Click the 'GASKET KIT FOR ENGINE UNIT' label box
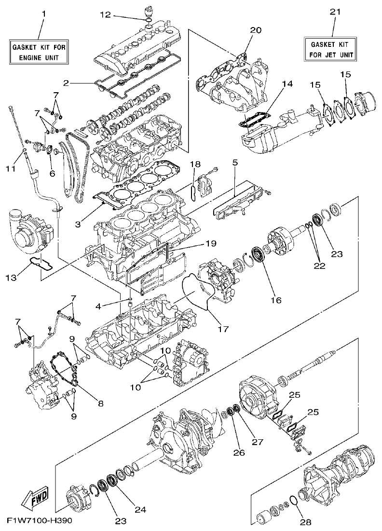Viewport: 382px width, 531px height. point(39,53)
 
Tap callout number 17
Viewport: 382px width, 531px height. point(222,329)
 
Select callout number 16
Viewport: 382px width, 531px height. point(275,300)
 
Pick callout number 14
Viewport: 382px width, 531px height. point(287,83)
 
